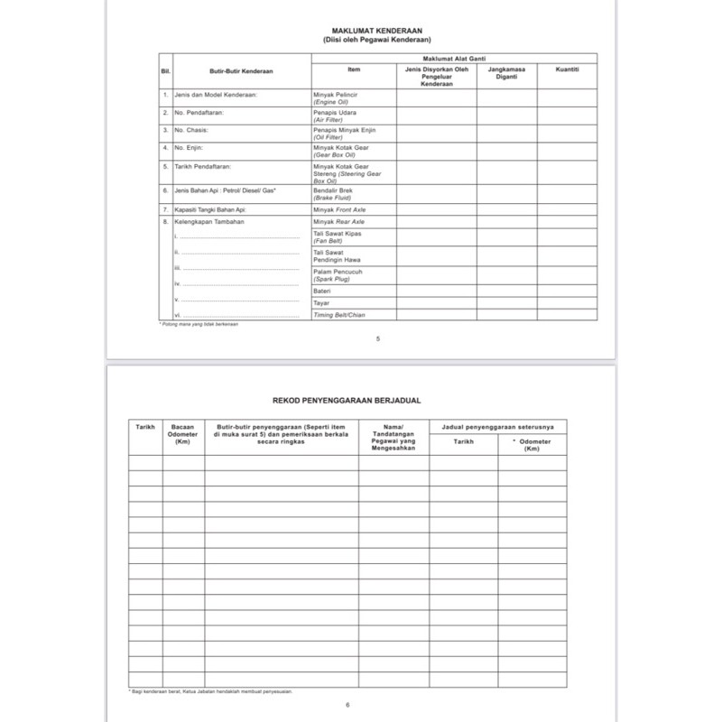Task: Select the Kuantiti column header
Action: pyautogui.click(x=567, y=69)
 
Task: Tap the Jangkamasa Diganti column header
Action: pyautogui.click(x=507, y=72)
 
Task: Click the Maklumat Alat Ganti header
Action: pyautogui.click(x=454, y=56)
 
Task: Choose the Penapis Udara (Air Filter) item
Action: pyautogui.click(x=334, y=116)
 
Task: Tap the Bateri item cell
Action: pyautogui.click(x=322, y=292)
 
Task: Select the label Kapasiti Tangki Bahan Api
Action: pyautogui.click(x=210, y=209)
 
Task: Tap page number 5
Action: pyautogui.click(x=378, y=338)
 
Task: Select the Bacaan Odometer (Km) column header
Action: pyautogui.click(x=183, y=434)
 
